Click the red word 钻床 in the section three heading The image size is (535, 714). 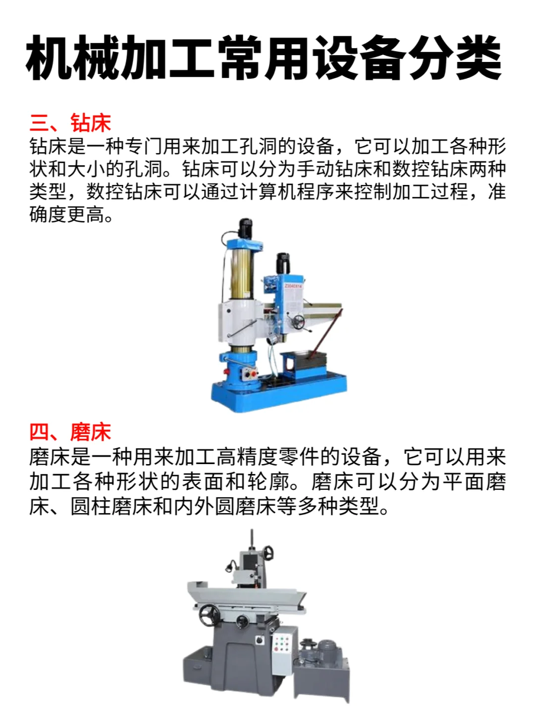pyautogui.click(x=91, y=123)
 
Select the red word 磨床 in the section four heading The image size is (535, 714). pyautogui.click(x=91, y=432)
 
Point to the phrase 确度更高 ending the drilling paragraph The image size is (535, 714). pyautogui.click(x=67, y=215)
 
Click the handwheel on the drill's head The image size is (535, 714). pyautogui.click(x=297, y=322)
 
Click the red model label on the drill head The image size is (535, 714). pyautogui.click(x=293, y=286)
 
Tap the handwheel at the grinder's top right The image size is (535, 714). pyautogui.click(x=269, y=552)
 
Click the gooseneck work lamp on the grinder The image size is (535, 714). pyautogui.click(x=230, y=565)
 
